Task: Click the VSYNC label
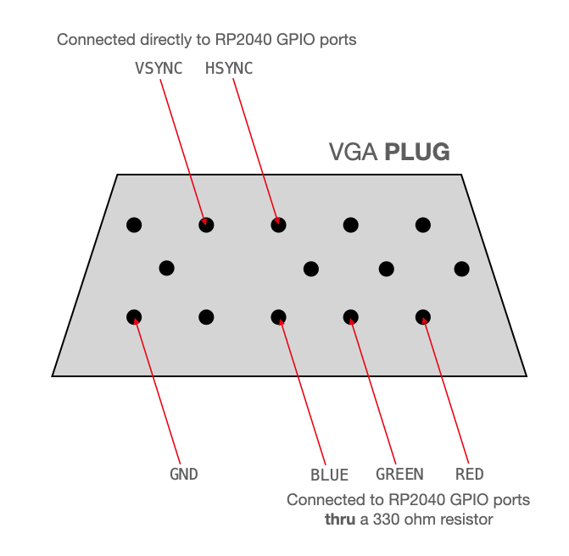pyautogui.click(x=159, y=69)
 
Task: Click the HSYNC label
pyautogui.click(x=229, y=69)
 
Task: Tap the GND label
pyautogui.click(x=184, y=475)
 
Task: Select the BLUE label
pyautogui.click(x=330, y=475)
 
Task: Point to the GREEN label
pyautogui.click(x=399, y=475)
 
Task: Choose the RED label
pyautogui.click(x=470, y=475)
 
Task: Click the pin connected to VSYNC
pyautogui.click(x=206, y=225)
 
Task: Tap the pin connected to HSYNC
pyautogui.click(x=278, y=225)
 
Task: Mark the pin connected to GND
pyautogui.click(x=134, y=317)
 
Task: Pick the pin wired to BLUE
pyautogui.click(x=278, y=317)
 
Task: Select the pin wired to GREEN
pyautogui.click(x=350, y=317)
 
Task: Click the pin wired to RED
pyautogui.click(x=423, y=317)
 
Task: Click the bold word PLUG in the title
pyautogui.click(x=417, y=153)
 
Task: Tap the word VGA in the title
pyautogui.click(x=354, y=153)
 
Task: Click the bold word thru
pyautogui.click(x=341, y=519)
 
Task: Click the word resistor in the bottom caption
pyautogui.click(x=465, y=519)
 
